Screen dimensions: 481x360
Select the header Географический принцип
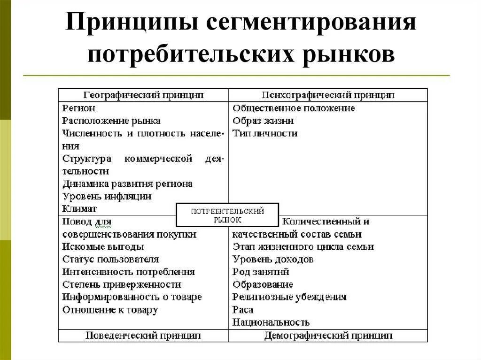click(x=143, y=95)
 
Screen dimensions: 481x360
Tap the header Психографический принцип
click(x=328, y=95)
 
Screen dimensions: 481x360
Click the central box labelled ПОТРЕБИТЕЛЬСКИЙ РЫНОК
click(x=227, y=215)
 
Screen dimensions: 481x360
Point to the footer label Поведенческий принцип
click(x=143, y=336)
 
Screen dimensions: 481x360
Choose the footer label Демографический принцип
click(x=328, y=336)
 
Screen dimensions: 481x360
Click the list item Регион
click(x=79, y=108)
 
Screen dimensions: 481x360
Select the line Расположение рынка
click(x=111, y=121)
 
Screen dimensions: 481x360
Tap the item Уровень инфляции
click(x=107, y=196)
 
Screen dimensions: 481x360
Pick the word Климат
click(x=79, y=208)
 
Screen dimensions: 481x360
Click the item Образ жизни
click(x=263, y=121)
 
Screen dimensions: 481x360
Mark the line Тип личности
click(x=265, y=133)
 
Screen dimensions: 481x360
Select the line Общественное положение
click(x=294, y=108)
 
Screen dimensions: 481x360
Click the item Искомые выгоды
click(x=103, y=246)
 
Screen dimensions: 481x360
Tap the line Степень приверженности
click(x=122, y=284)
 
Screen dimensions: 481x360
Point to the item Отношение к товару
click(x=110, y=310)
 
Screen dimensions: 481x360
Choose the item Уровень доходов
click(x=272, y=259)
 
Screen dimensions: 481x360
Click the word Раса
click(x=243, y=310)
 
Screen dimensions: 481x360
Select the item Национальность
click(x=271, y=322)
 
